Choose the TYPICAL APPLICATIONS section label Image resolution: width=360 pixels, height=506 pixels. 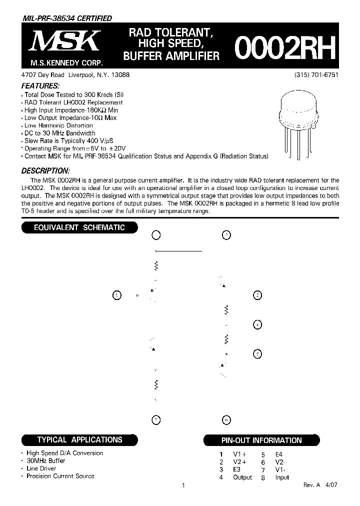click(x=79, y=440)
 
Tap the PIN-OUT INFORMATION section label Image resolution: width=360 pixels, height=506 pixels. click(x=261, y=440)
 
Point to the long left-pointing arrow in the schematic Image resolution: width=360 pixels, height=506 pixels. click(x=178, y=251)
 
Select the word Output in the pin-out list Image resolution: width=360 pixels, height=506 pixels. click(x=242, y=477)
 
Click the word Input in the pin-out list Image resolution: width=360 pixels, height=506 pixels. click(x=282, y=477)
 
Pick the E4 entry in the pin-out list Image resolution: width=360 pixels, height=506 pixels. click(x=279, y=454)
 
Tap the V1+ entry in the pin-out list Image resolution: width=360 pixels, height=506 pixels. click(x=240, y=454)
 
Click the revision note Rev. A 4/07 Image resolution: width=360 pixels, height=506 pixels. click(x=320, y=485)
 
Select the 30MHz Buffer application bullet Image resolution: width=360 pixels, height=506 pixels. click(x=46, y=461)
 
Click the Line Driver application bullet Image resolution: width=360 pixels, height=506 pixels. click(x=41, y=468)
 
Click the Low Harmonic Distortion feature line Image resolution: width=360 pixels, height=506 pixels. click(x=58, y=125)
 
